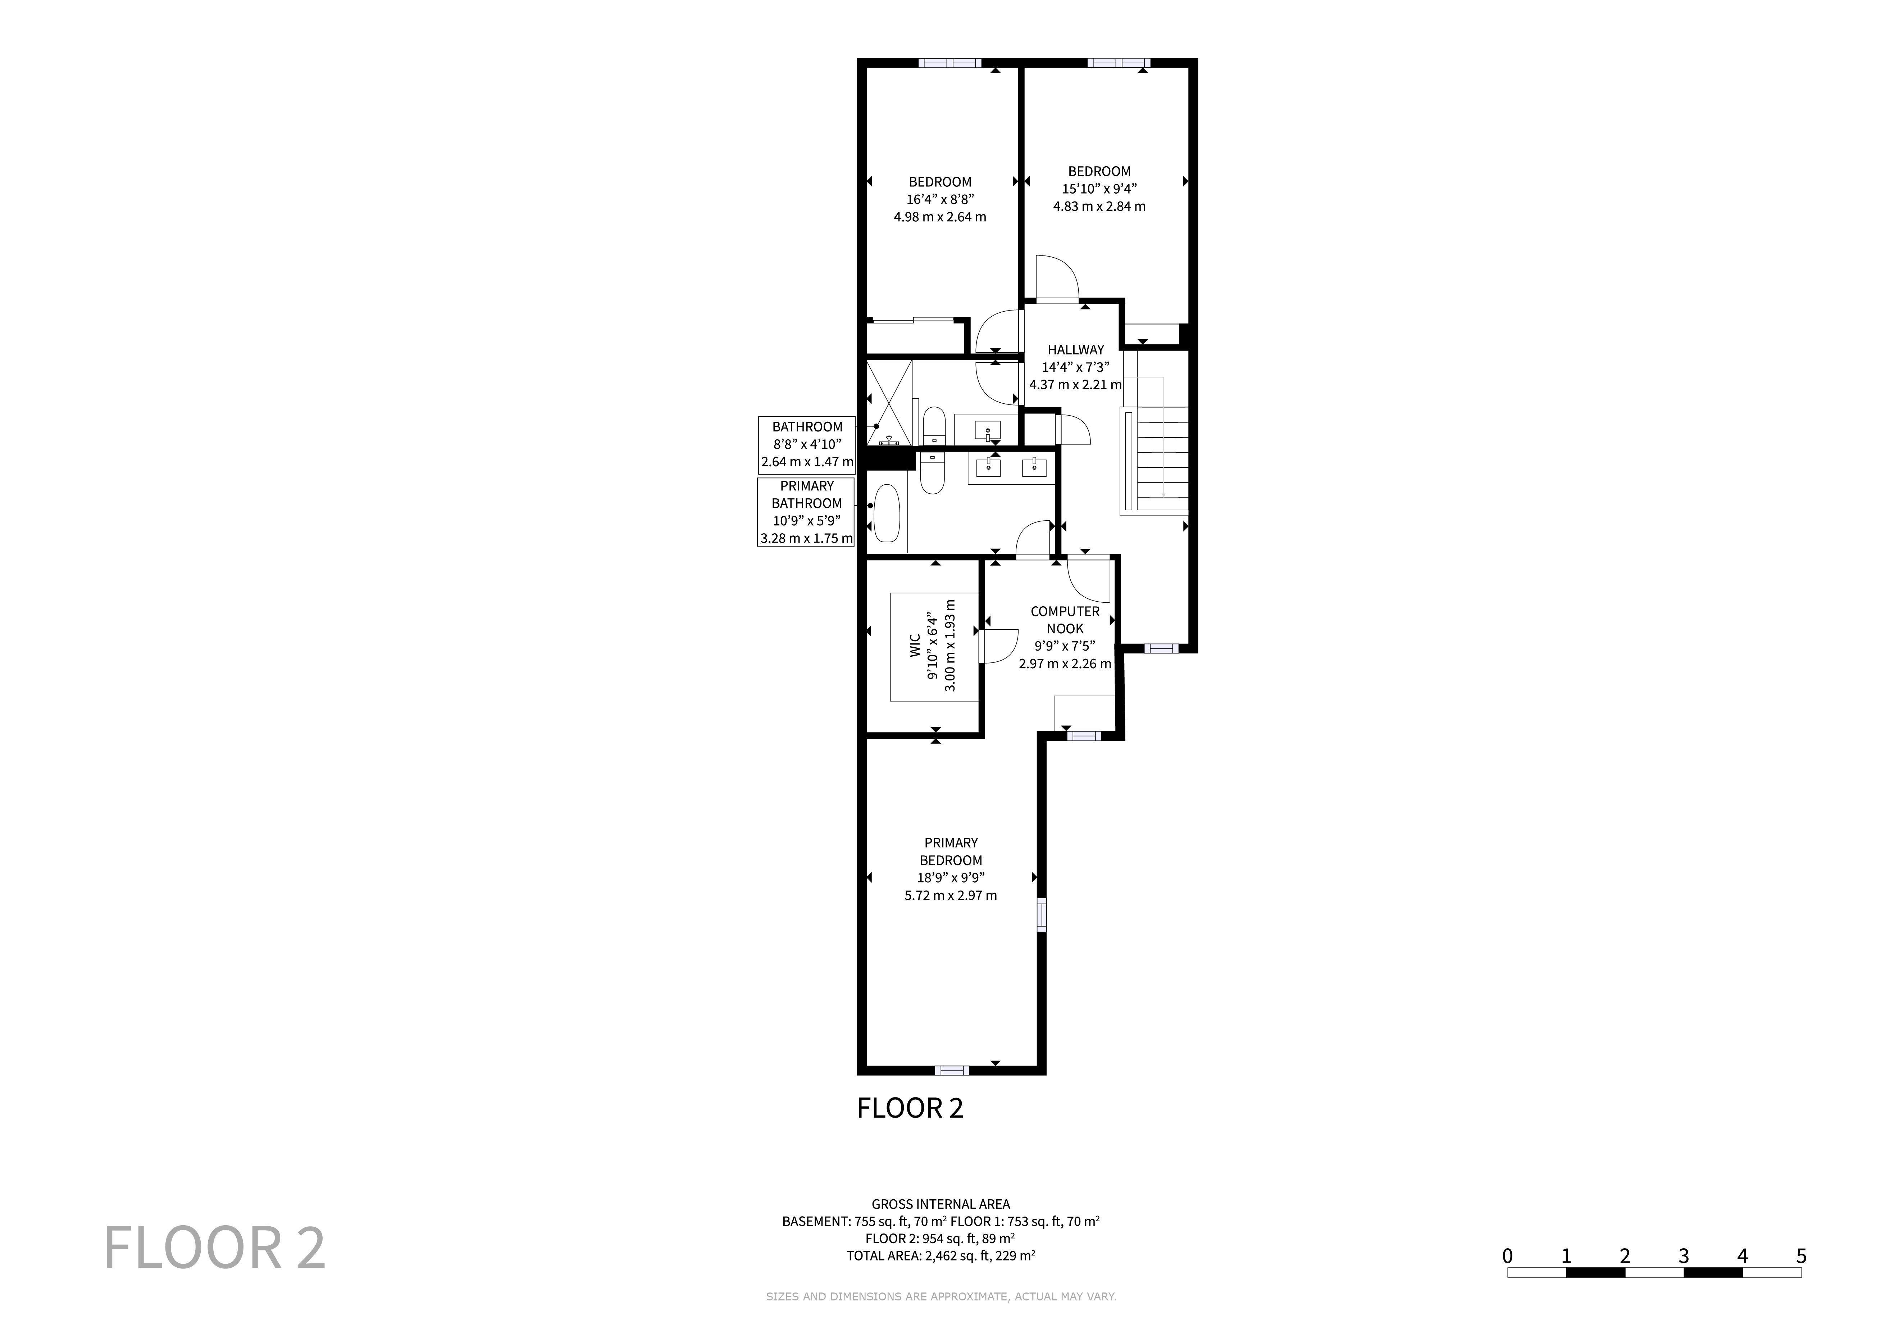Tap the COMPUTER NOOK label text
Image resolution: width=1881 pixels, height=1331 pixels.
pyautogui.click(x=1065, y=620)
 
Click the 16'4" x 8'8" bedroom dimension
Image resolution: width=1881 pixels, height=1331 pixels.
pyautogui.click(x=940, y=199)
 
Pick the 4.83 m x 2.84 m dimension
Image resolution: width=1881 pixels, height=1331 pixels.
pyautogui.click(x=1099, y=207)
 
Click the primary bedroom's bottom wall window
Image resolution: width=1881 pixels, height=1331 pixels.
pyautogui.click(x=951, y=1070)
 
